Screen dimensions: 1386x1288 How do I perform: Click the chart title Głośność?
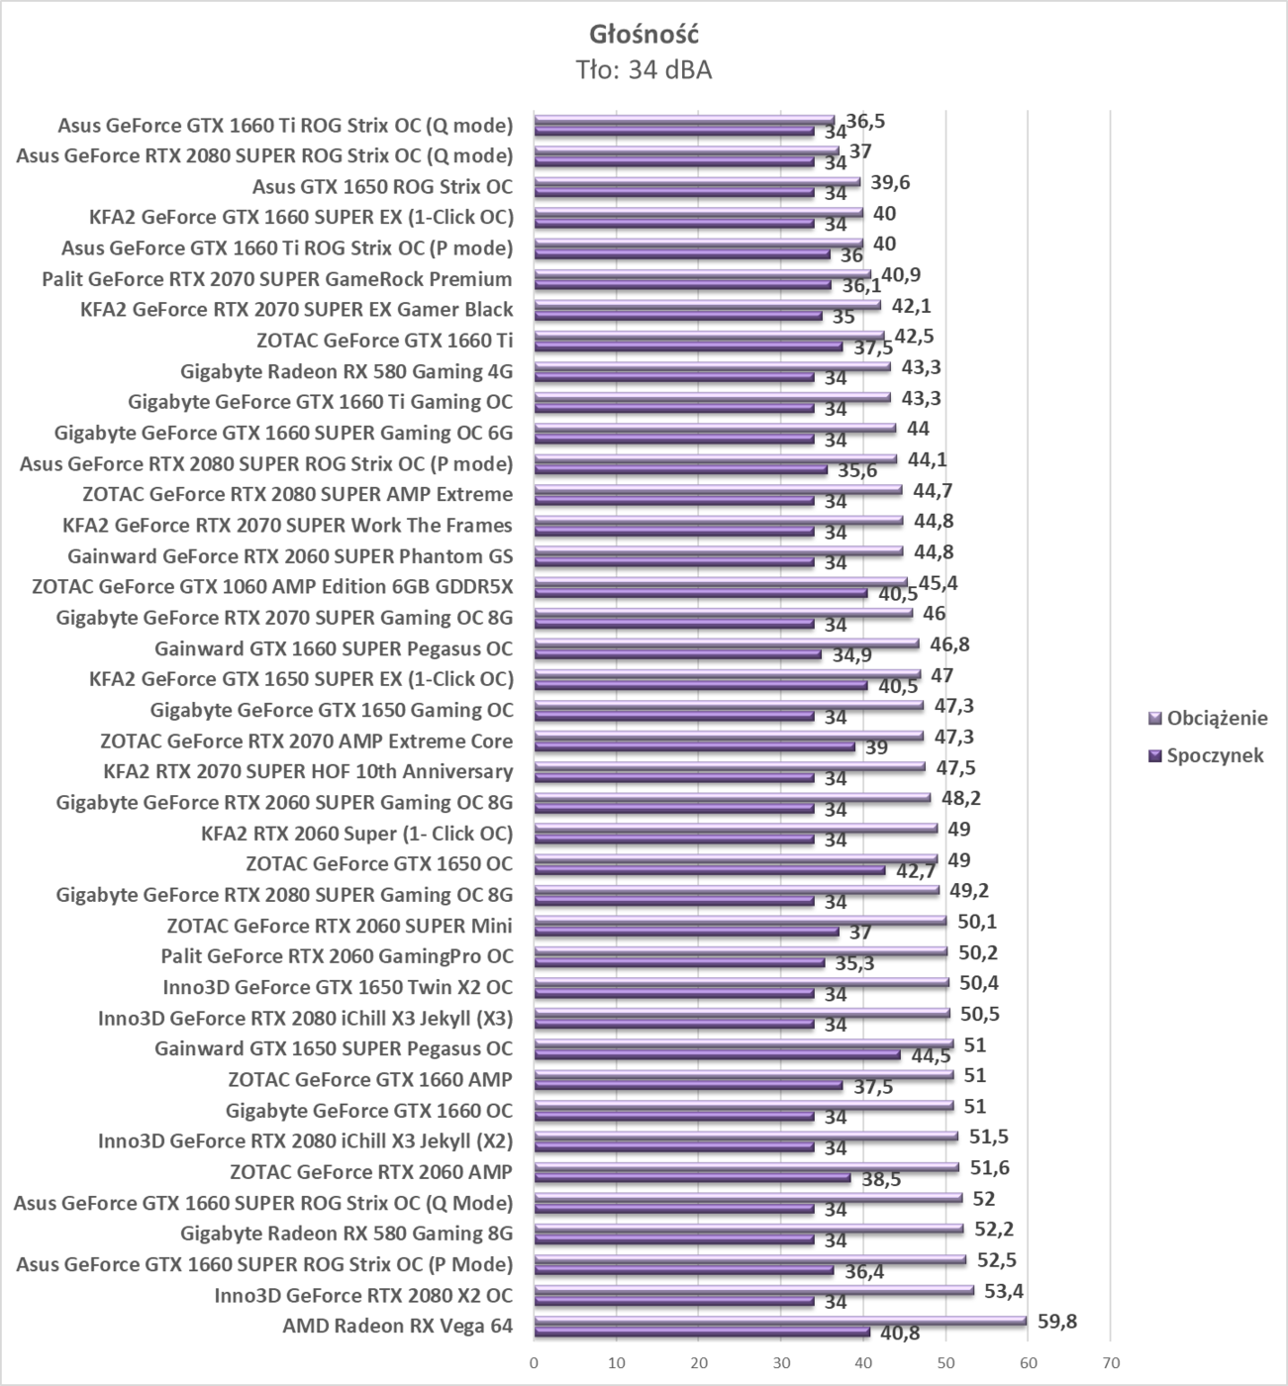click(x=644, y=34)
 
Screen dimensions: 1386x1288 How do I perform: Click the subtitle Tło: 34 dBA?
click(x=644, y=69)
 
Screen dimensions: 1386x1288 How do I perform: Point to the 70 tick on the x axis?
click(x=1110, y=1361)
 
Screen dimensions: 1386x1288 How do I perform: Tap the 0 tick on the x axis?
click(x=535, y=1361)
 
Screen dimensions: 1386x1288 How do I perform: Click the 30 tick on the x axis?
click(x=781, y=1361)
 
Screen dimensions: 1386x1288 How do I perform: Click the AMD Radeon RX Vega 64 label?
click(x=397, y=1326)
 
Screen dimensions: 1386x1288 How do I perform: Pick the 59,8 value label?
click(x=1057, y=1321)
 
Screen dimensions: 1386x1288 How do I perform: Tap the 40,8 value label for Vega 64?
click(x=900, y=1333)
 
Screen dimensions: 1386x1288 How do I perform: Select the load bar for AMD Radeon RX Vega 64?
click(x=779, y=1320)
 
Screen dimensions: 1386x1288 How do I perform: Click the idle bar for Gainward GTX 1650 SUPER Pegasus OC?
click(x=717, y=1055)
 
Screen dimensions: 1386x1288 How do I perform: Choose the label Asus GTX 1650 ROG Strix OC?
click(x=382, y=186)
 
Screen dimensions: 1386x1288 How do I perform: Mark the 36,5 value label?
click(x=865, y=121)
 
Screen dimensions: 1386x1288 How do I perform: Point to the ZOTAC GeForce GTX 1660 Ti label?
click(x=384, y=341)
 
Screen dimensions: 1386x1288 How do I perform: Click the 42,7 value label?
click(x=916, y=871)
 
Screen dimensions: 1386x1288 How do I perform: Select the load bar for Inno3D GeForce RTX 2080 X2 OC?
click(x=753, y=1289)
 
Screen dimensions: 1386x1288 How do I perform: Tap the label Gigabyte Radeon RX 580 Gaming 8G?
click(x=347, y=1234)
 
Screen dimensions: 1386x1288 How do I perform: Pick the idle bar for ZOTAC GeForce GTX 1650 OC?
click(x=709, y=870)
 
